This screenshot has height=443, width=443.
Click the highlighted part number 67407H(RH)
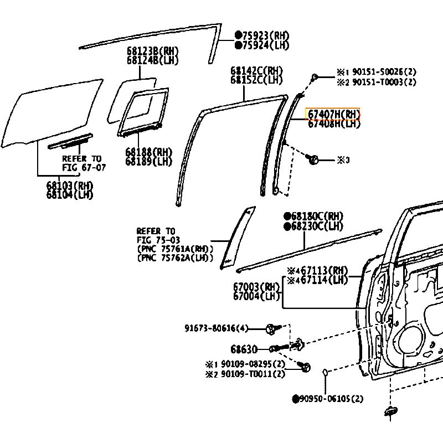333,115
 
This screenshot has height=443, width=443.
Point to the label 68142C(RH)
256,71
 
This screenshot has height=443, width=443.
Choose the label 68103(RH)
70,186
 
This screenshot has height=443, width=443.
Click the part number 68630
244,349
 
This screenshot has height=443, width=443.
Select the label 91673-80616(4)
217,328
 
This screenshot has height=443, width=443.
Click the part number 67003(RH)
256,286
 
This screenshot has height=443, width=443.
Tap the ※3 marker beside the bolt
344,160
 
